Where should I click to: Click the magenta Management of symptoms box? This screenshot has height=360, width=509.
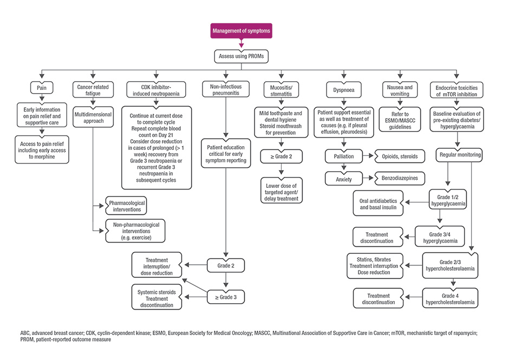tap(241, 31)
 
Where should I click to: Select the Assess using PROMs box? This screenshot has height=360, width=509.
tap(241, 56)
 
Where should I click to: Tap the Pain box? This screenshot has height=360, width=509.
tap(42, 88)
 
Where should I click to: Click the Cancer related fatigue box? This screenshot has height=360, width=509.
tap(93, 90)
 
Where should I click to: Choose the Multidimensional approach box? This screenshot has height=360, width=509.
tap(93, 117)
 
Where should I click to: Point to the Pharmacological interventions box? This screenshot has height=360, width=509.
tap(126, 206)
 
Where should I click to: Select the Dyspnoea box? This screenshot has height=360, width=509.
tap(344, 90)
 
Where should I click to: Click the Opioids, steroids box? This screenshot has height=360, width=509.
tap(400, 156)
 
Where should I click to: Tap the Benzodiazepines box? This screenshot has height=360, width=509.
tap(400, 178)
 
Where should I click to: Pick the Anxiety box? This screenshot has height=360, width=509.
tap(344, 179)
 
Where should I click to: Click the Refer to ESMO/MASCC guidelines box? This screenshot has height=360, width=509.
tap(400, 120)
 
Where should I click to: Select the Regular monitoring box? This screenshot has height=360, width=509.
tap(459, 155)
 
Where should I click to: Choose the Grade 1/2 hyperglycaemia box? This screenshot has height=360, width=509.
tap(448, 200)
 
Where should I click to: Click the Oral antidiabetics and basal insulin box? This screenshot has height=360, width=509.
tap(378, 204)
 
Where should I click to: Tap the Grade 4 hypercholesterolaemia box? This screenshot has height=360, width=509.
tap(450, 298)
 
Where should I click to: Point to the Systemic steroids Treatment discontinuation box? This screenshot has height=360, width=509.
tap(157, 298)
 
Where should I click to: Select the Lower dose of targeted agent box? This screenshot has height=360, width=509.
tap(282, 191)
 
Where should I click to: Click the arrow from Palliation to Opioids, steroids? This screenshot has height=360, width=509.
tap(368, 156)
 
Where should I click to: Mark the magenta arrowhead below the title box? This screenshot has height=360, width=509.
tap(241, 45)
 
